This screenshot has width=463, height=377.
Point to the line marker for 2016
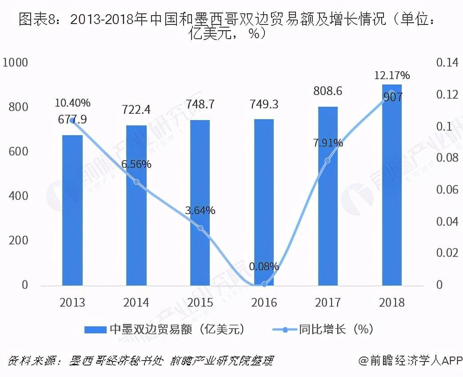point(264,284)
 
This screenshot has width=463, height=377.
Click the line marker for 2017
point(328,160)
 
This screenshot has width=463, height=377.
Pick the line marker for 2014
point(136,182)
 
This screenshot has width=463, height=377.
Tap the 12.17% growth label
point(392,75)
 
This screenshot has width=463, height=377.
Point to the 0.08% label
point(264,267)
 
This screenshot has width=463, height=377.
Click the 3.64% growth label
point(200,210)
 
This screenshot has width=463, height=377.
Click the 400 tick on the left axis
point(18,196)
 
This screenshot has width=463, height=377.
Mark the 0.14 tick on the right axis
point(447,63)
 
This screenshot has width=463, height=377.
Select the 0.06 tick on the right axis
point(447,190)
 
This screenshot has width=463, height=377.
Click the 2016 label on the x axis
point(264,303)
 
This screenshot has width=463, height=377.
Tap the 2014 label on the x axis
point(136,303)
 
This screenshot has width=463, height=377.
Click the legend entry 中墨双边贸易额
point(165,329)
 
